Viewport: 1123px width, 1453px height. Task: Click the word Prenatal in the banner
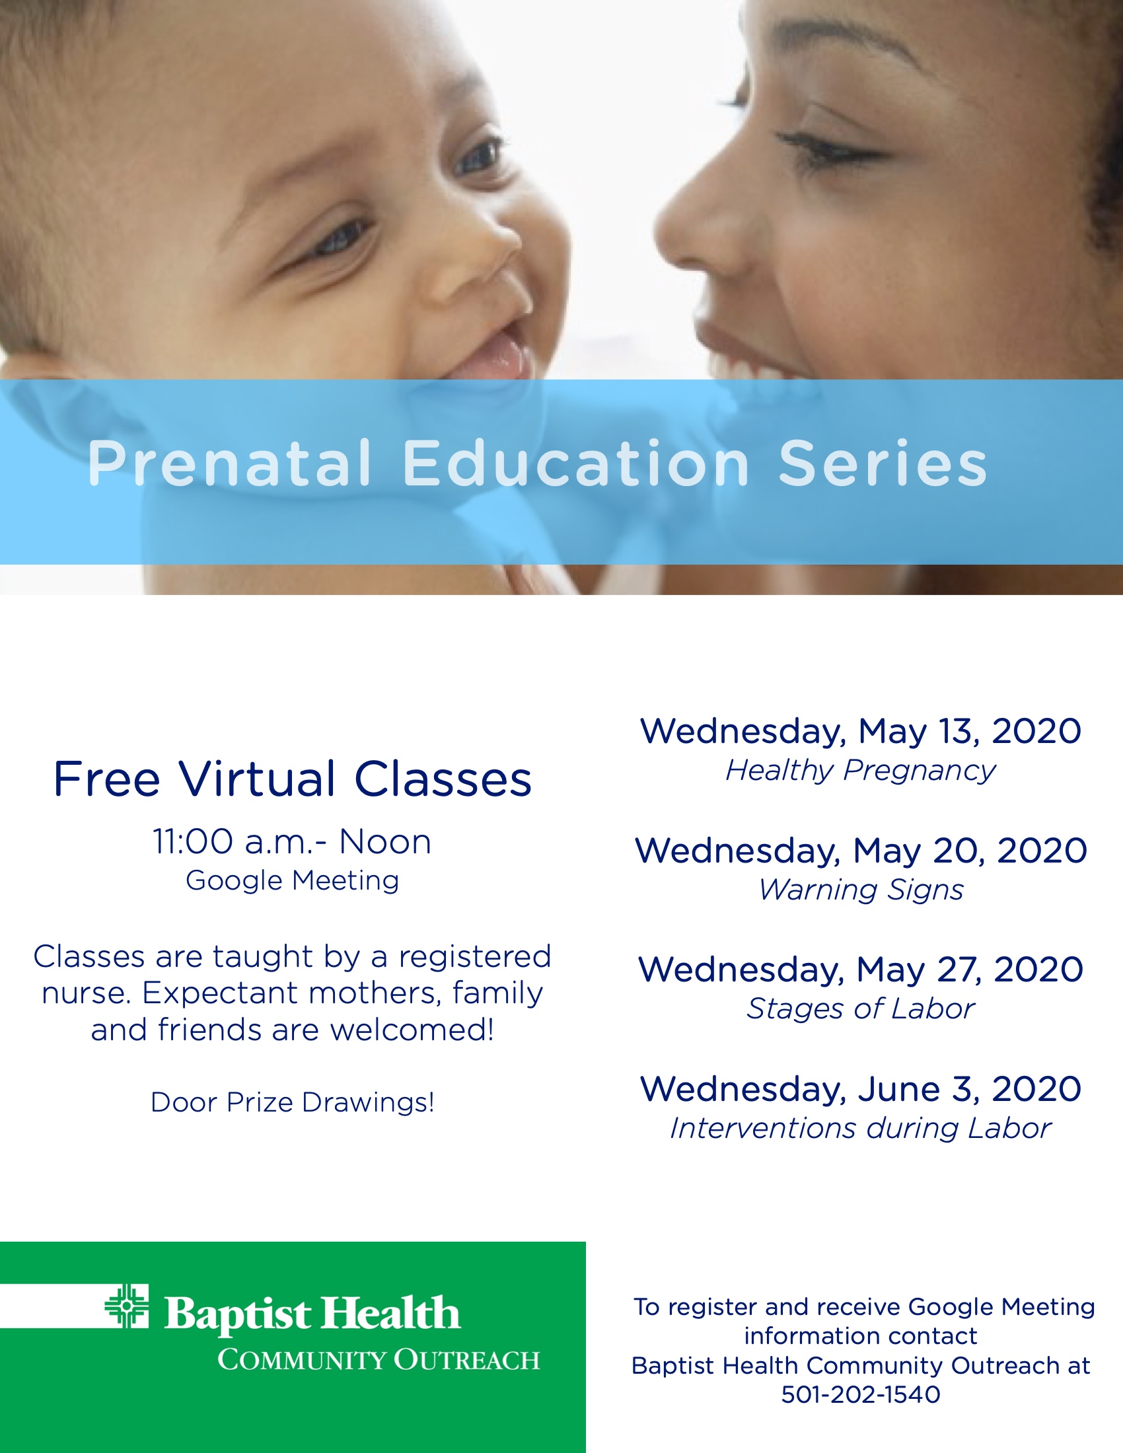coord(229,464)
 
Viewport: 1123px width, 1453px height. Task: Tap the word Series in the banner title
coord(883,464)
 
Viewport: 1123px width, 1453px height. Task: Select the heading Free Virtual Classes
coord(292,779)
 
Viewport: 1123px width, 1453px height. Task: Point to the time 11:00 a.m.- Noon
coord(292,841)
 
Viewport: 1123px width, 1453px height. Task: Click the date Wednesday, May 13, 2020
coord(860,731)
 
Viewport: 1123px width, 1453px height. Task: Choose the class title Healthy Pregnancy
coord(860,770)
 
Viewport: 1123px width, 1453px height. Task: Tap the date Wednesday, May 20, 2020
coord(861,850)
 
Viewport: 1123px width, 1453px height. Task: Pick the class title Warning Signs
coord(861,890)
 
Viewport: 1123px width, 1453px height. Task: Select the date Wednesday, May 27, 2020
coord(860,970)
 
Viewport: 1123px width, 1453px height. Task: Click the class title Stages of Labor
coord(860,1009)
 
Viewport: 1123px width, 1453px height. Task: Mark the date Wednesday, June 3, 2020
coord(860,1089)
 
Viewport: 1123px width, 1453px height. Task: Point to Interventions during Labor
coord(860,1128)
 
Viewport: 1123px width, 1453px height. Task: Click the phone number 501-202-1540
coord(861,1394)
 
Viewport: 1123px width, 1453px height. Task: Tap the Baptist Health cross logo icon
coord(127,1305)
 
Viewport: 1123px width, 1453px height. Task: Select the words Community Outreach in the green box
coord(378,1359)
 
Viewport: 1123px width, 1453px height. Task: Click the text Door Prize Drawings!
coord(292,1102)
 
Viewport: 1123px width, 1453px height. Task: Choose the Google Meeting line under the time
coord(292,881)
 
